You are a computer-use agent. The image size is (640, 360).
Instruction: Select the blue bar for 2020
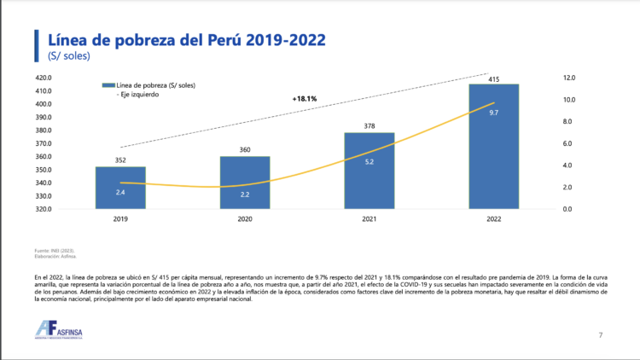(245, 182)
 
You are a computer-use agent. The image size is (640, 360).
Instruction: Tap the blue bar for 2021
(369, 171)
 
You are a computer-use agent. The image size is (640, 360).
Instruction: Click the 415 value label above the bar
(494, 78)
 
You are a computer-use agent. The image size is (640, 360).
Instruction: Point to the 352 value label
(120, 160)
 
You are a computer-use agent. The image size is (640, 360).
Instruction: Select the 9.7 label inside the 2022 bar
(494, 112)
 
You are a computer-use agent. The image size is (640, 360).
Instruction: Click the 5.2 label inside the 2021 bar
(369, 161)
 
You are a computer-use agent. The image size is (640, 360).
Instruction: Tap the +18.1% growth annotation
(304, 99)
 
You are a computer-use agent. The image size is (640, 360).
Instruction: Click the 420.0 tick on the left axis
(44, 78)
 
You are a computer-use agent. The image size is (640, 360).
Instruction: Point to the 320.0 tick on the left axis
(44, 208)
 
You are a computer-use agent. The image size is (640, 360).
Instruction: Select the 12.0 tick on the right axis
(569, 78)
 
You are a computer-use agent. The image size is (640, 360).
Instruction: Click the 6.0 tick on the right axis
(569, 143)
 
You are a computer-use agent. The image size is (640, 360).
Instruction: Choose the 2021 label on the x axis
(369, 219)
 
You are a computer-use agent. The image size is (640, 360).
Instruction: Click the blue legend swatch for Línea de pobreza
(108, 85)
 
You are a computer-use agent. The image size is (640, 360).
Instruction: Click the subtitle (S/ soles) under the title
(69, 56)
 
